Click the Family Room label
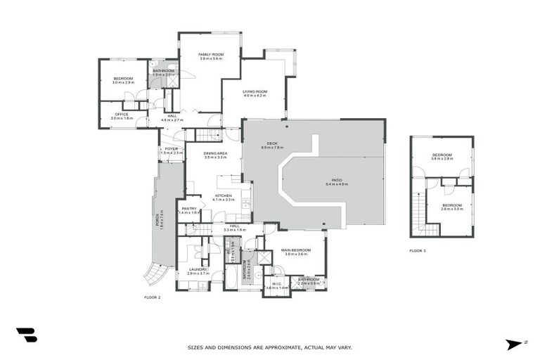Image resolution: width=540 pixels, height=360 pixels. (x=210, y=56)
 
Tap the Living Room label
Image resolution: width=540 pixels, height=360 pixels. (x=255, y=93)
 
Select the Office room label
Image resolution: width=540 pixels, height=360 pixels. (x=122, y=115)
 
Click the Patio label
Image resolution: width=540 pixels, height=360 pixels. (x=337, y=181)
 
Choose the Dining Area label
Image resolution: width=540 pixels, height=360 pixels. (x=215, y=155)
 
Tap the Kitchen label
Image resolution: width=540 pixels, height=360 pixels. (x=224, y=198)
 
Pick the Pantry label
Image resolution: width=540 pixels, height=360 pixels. (x=189, y=210)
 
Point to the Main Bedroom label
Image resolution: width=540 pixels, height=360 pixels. (x=295, y=252)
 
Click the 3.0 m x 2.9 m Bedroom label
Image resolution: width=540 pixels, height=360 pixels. (x=123, y=79)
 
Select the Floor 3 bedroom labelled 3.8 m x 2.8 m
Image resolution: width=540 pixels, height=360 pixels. (x=442, y=156)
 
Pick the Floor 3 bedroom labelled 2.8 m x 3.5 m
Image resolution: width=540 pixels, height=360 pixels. (x=452, y=207)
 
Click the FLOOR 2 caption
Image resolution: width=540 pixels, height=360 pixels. (x=153, y=297)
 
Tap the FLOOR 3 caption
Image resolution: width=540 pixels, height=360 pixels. (x=418, y=250)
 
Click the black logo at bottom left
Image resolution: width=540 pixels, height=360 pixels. (x=27, y=335)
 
